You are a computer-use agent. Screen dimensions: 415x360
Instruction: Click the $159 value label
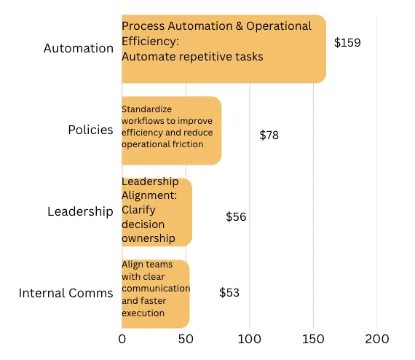(347, 42)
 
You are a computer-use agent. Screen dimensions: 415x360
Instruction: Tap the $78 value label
(269, 135)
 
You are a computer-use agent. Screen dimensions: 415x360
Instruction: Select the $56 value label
(236, 216)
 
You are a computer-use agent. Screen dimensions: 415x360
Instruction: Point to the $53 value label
(229, 292)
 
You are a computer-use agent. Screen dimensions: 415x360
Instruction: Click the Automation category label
(79, 48)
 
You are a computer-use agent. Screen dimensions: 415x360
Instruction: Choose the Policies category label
(90, 130)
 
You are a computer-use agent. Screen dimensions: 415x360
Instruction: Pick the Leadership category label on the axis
(81, 212)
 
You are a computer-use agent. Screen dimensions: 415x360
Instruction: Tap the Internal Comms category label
(66, 293)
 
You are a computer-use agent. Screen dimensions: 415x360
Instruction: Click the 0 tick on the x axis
(122, 339)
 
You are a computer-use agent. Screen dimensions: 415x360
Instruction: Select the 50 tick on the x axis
(186, 339)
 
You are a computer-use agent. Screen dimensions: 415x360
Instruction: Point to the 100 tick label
(249, 339)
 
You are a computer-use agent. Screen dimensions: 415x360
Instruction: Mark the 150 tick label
(313, 339)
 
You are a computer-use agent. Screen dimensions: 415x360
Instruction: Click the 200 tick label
(377, 339)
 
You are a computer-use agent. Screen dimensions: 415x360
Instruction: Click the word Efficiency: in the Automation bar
(150, 42)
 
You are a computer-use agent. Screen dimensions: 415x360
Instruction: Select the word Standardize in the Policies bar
(146, 109)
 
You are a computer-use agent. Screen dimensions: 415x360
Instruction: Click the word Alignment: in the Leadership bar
(149, 196)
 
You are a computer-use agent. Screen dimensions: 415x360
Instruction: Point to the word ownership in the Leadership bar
(149, 238)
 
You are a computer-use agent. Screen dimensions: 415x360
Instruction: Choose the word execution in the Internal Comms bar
(143, 313)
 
